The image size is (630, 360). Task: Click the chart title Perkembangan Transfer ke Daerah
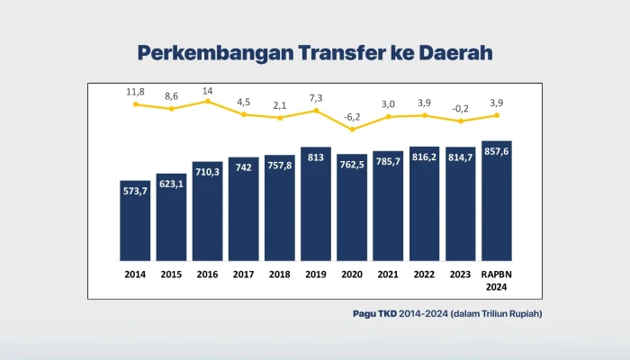tap(314, 52)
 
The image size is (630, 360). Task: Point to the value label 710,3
tap(207, 172)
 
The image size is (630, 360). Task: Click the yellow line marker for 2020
tap(352, 130)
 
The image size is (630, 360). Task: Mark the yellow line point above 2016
tap(207, 101)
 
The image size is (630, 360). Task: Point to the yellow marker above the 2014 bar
tap(135, 104)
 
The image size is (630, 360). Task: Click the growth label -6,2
tap(352, 117)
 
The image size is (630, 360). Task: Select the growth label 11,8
tap(135, 91)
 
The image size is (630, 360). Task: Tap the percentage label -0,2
tap(460, 108)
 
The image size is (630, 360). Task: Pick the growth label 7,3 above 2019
tap(316, 97)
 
